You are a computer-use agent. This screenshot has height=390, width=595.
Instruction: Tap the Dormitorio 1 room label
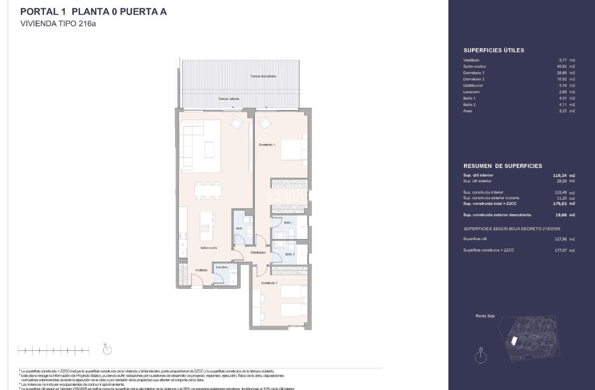tap(267, 145)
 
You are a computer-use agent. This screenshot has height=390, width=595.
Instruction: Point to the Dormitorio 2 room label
tap(269, 283)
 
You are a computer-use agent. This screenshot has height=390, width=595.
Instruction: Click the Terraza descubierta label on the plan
tap(263, 76)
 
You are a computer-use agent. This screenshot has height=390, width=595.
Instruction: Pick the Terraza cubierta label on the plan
tap(228, 99)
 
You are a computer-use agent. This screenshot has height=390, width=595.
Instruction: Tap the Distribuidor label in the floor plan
tap(258, 253)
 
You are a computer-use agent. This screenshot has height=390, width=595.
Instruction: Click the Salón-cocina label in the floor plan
tap(209, 248)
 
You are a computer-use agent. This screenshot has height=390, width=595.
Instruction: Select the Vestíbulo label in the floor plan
tap(201, 270)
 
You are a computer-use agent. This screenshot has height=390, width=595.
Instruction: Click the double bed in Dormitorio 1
tap(294, 150)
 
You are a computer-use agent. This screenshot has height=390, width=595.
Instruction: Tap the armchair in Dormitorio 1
tap(265, 122)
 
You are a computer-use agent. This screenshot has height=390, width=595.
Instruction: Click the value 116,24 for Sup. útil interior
tap(560, 175)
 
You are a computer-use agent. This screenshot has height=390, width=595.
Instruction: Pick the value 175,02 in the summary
tap(560, 203)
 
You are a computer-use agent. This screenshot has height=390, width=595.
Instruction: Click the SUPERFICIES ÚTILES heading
tap(494, 51)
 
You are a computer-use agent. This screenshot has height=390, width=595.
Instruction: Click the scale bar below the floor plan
tap(53, 350)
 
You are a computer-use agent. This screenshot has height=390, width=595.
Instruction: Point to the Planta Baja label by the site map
tap(485, 316)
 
